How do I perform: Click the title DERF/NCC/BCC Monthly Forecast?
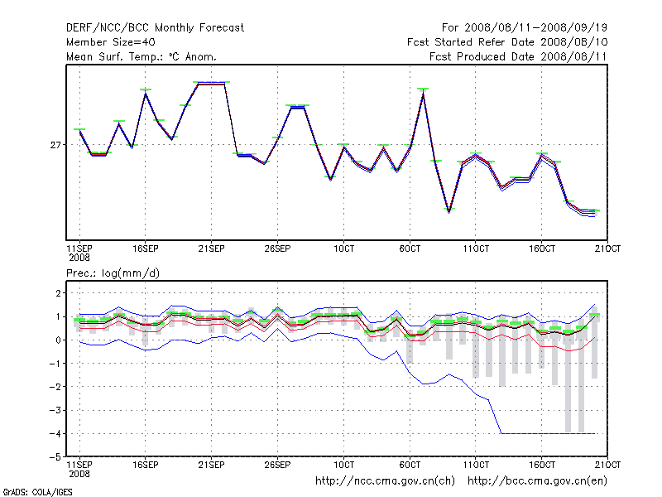[155, 27]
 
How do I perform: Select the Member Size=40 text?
[110, 41]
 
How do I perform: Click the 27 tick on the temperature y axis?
[56, 145]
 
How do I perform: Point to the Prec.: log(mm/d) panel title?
[112, 273]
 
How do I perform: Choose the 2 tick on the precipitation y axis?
[58, 293]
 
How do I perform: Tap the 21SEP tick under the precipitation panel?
[211, 465]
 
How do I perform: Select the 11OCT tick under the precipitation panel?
[476, 465]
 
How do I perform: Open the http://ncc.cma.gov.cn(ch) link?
[385, 480]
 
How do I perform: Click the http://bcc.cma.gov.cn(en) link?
[538, 480]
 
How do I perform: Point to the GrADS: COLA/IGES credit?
[36, 492]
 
